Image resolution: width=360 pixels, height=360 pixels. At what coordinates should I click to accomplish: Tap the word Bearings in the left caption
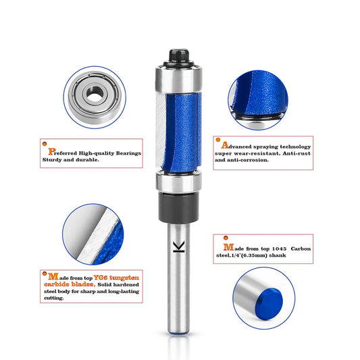tap(126, 153)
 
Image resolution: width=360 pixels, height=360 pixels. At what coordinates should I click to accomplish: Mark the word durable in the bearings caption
tap(85, 161)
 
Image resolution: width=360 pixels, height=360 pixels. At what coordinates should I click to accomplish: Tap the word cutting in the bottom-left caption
tap(53, 297)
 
